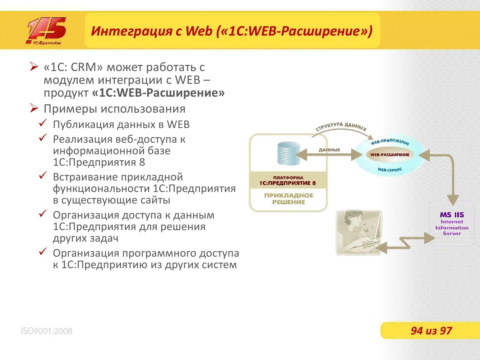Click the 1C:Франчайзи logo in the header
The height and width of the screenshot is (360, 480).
(x=47, y=31)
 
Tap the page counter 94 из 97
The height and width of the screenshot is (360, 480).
(x=431, y=331)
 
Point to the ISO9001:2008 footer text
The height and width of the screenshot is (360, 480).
(x=47, y=331)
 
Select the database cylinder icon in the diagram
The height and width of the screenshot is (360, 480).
(x=288, y=153)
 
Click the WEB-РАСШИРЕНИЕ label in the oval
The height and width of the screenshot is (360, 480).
(x=389, y=155)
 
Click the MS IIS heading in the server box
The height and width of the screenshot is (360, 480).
(x=452, y=215)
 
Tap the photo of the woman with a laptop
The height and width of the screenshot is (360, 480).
(x=358, y=233)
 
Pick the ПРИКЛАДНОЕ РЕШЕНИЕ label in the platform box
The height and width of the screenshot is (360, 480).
(x=288, y=199)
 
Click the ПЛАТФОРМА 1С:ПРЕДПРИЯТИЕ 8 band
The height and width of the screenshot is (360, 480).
(x=288, y=180)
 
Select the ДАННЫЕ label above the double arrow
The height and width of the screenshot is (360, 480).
(x=329, y=150)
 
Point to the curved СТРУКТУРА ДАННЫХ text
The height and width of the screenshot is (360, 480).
(x=341, y=127)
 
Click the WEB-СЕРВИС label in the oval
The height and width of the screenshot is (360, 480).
(x=389, y=170)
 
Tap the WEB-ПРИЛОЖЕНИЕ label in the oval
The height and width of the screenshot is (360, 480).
(x=390, y=141)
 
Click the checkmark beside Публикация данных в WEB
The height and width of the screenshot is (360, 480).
(x=43, y=123)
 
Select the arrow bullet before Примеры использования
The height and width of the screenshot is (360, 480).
(x=34, y=108)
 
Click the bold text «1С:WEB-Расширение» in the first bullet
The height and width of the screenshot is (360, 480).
(x=158, y=93)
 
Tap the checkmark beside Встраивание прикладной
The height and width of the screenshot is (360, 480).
(x=43, y=176)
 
